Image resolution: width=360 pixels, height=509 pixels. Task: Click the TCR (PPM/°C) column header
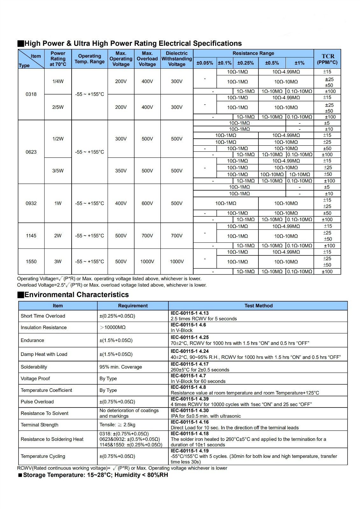(327, 59)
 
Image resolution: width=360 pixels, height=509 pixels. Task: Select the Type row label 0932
(31, 203)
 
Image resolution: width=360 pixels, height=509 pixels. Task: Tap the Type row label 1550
(31, 261)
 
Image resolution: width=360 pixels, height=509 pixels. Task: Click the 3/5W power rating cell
(58, 171)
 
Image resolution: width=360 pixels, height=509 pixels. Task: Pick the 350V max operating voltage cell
(121, 171)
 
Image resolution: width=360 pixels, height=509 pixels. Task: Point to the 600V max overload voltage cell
(147, 203)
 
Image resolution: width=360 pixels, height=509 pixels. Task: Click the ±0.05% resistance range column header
(205, 63)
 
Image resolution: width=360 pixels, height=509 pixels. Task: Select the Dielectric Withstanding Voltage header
(177, 59)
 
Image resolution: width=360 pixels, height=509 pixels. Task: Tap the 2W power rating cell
(58, 236)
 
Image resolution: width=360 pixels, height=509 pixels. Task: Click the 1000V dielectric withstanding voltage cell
(177, 261)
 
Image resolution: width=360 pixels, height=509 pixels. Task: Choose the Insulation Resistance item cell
(44, 327)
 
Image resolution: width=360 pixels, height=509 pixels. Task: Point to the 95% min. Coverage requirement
(121, 367)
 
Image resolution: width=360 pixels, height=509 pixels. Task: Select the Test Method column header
(258, 306)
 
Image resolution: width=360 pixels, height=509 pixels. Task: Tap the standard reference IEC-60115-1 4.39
(190, 399)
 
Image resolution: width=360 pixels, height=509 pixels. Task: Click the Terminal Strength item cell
(40, 425)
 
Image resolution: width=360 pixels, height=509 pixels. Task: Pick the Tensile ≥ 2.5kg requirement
(117, 425)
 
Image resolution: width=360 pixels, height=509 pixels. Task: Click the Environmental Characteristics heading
(76, 295)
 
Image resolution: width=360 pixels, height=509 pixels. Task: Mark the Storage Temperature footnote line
(95, 475)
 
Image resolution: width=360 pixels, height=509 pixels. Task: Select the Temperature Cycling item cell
(43, 456)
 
